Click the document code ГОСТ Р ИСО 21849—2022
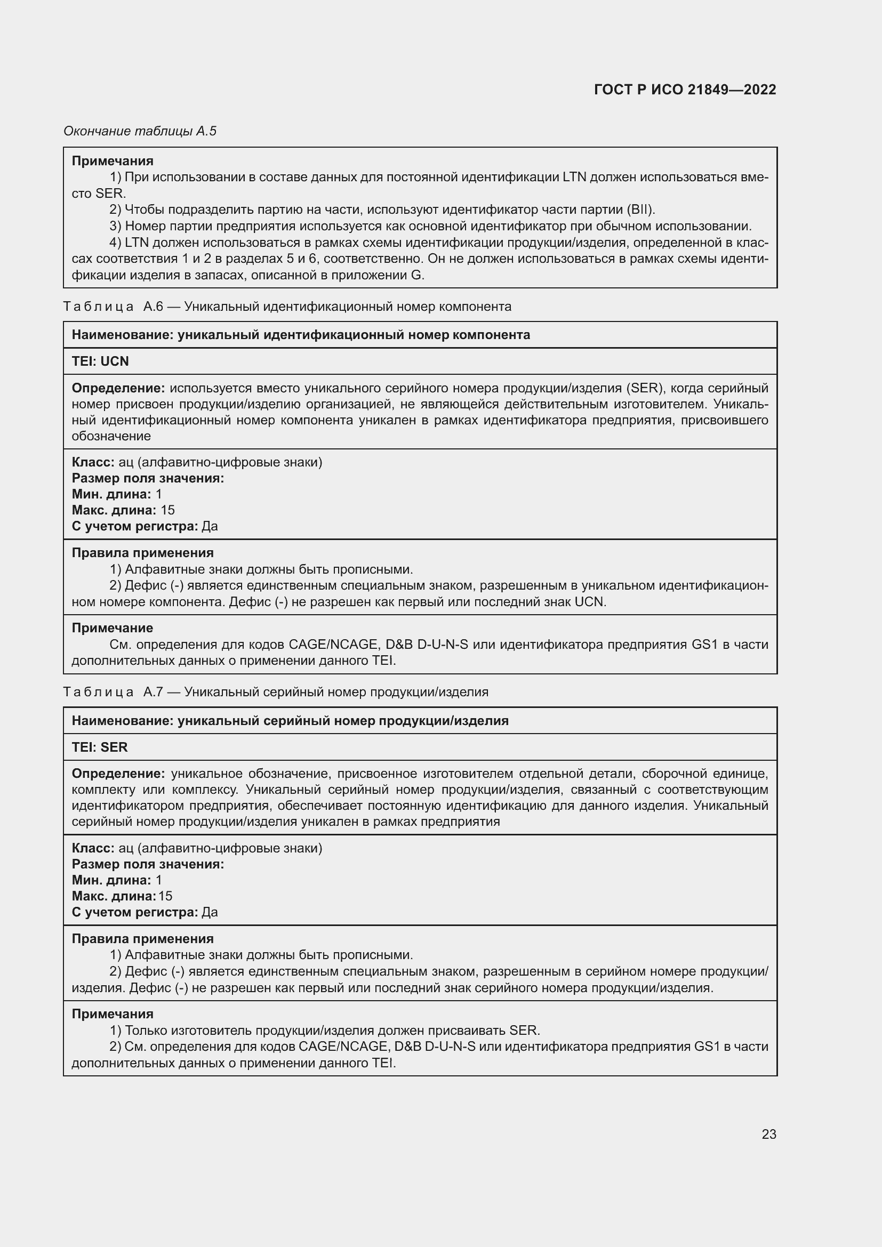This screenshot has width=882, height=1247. (685, 90)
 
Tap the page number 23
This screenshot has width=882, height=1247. (768, 1134)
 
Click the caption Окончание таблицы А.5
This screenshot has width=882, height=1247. (140, 131)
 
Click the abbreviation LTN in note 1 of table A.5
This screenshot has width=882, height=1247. (574, 177)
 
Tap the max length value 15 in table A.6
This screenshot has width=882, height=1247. (167, 510)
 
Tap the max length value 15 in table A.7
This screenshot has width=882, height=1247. (165, 896)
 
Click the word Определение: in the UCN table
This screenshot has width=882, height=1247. (118, 388)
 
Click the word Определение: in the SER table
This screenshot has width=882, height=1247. (118, 774)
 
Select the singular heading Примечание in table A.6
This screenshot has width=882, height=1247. (113, 628)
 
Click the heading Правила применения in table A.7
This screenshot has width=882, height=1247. (143, 938)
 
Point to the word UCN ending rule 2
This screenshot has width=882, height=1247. (589, 602)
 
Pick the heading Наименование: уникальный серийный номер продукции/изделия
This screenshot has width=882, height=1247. (290, 721)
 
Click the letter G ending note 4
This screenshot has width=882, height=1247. (416, 275)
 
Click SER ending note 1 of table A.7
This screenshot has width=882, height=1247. (524, 1031)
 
